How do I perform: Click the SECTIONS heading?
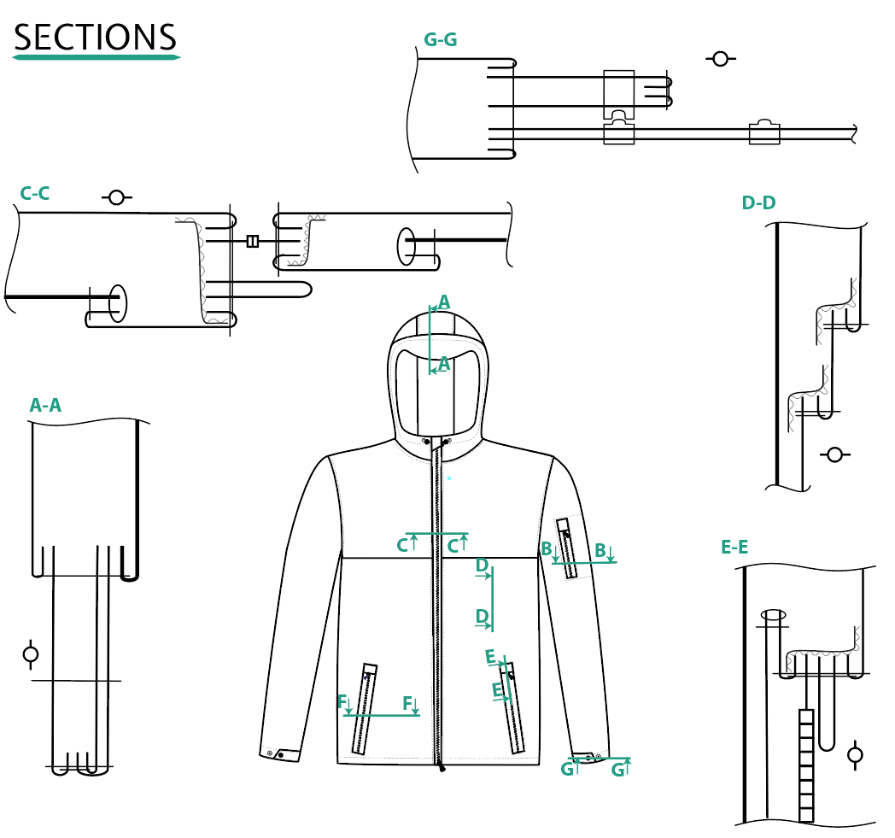pos(95,38)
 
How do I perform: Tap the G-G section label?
pos(440,40)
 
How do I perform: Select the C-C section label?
pos(35,194)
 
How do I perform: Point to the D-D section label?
pos(758,202)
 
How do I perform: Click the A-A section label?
pos(45,405)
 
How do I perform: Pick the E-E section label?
pos(734,548)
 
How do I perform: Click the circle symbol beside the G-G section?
pos(720,59)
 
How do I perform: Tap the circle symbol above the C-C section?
pos(116,197)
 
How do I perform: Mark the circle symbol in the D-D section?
pos(834,455)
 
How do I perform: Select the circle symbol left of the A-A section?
pos(31,654)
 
